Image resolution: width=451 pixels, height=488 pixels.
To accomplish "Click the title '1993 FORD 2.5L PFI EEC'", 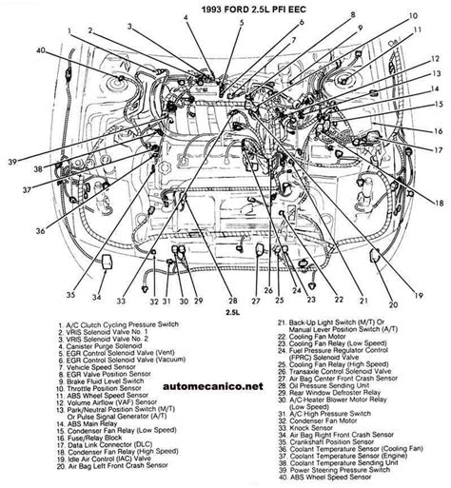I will (x=225, y=8).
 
